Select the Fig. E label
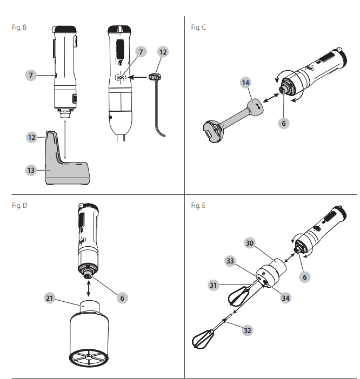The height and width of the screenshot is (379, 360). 198,206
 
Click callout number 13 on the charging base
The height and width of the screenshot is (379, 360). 31,170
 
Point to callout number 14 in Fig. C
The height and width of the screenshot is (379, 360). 246,83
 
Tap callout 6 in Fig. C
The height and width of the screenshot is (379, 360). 284,123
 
